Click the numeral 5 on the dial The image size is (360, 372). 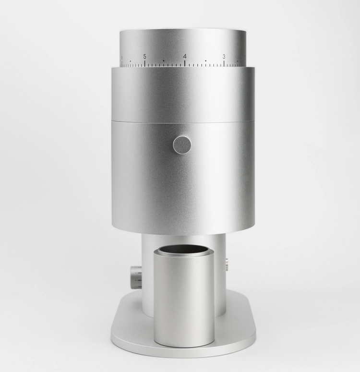pos(145,57)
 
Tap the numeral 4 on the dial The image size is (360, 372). pos(185,57)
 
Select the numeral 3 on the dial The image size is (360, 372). pos(224,57)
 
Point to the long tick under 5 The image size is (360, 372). pos(145,63)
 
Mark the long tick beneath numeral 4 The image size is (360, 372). pos(185,63)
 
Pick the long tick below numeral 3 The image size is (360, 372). pos(224,63)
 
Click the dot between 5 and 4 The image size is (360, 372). pos(164,61)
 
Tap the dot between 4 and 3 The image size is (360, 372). pos(205,61)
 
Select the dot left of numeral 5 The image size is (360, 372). pos(130,61)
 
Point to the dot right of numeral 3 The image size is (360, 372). pos(237,61)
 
